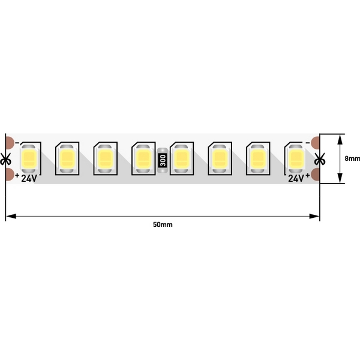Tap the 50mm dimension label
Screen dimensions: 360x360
tap(163, 224)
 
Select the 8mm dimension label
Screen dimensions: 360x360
tap(352, 158)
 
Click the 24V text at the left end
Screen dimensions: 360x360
tap(29, 178)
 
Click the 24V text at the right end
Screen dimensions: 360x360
tap(296, 178)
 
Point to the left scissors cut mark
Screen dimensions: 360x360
tap(5, 158)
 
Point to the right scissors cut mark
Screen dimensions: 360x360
tap(320, 158)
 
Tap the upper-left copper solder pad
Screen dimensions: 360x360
tap(10, 143)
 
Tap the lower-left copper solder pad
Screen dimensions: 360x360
tap(10, 175)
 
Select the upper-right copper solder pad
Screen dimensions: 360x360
tap(315, 143)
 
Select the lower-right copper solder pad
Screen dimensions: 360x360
tap(315, 175)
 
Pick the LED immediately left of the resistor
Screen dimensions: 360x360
tap(144, 158)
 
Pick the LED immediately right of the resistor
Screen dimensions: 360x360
tap(182, 158)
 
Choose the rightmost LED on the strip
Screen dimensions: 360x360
tap(296, 158)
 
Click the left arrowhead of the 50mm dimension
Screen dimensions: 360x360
tap(11, 216)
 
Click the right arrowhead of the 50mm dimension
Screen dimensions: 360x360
tap(314, 216)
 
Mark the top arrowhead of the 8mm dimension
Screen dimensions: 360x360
tap(340, 139)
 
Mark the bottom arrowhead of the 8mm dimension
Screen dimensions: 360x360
tap(340, 178)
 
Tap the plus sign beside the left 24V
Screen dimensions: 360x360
tap(17, 176)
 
